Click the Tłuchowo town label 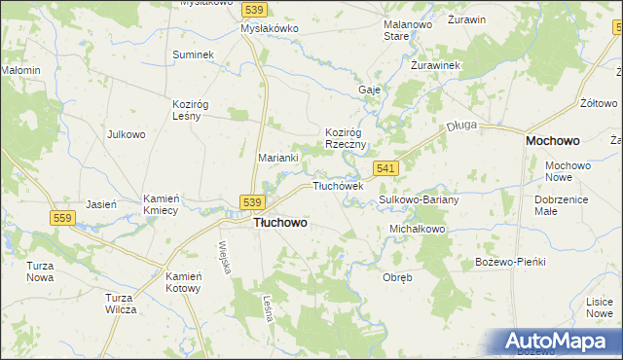[x=280, y=222]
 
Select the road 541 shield [x=385, y=168]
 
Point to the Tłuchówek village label [x=337, y=185]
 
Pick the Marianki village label [x=277, y=156]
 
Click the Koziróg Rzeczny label [x=345, y=137]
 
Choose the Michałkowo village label [x=417, y=229]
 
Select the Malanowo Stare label [x=409, y=30]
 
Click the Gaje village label [x=369, y=89]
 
